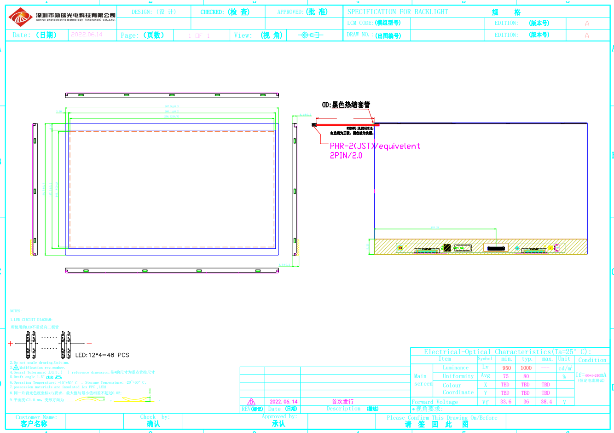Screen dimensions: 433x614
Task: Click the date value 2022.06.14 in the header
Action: click(87, 35)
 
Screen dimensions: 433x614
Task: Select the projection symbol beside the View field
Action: click(310, 35)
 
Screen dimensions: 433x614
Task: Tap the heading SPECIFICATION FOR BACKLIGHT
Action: click(397, 12)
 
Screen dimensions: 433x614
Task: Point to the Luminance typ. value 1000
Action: click(526, 368)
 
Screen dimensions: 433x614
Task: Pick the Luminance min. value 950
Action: click(506, 368)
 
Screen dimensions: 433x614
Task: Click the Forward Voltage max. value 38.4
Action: click(546, 402)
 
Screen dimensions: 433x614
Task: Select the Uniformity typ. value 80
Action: click(526, 376)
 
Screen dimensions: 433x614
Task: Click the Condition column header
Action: click(592, 360)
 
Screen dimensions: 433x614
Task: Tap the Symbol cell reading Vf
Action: click(485, 402)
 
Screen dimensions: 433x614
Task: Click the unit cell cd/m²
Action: click(565, 368)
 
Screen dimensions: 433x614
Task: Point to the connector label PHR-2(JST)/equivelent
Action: click(375, 146)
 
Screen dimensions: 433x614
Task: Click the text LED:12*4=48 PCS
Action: click(102, 355)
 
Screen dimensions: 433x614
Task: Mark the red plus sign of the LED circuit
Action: click(11, 343)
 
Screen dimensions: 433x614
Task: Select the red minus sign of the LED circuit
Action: click(89, 343)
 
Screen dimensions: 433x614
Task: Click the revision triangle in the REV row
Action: click(251, 402)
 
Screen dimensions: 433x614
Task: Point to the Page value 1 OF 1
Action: click(199, 35)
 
